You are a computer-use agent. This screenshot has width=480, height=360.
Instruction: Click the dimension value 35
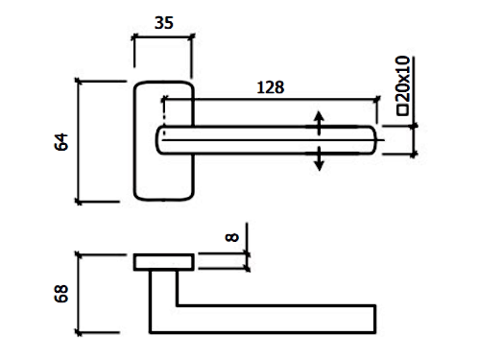pyautogui.click(x=164, y=23)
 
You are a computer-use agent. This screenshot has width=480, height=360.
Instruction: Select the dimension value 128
pyautogui.click(x=271, y=87)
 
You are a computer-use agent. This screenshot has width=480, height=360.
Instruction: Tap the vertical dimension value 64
pyautogui.click(x=61, y=142)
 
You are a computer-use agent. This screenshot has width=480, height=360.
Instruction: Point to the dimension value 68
pyautogui.click(x=61, y=294)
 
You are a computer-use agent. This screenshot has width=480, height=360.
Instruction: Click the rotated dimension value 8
pyautogui.click(x=232, y=237)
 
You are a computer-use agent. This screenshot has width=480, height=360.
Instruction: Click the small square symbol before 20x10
pyautogui.click(x=402, y=109)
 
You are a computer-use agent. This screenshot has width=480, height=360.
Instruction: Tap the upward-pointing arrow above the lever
pyautogui.click(x=319, y=123)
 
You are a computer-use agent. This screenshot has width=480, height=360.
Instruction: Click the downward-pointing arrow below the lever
pyautogui.click(x=319, y=158)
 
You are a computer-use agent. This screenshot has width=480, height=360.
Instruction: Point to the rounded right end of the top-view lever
pyautogui.click(x=373, y=140)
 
